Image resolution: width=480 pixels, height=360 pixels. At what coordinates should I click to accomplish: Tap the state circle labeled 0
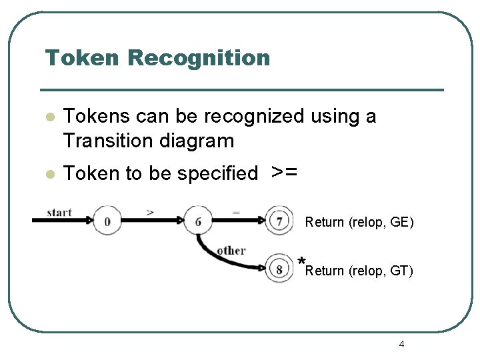[x=107, y=221]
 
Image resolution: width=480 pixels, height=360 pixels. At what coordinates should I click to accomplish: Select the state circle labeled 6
[x=198, y=221]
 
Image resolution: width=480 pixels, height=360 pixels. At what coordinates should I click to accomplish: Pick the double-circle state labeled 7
[x=279, y=221]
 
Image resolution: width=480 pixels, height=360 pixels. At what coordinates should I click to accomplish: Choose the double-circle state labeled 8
[x=279, y=269]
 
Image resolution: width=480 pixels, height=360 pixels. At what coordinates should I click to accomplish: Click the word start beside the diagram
[x=59, y=212]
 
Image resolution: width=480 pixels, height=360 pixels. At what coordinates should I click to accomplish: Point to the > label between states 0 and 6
[x=151, y=212]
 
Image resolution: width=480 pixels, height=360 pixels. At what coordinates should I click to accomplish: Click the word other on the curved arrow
[x=231, y=251]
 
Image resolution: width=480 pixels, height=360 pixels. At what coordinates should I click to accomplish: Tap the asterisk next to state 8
[x=302, y=262]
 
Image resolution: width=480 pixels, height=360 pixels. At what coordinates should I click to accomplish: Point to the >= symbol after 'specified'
[x=284, y=172]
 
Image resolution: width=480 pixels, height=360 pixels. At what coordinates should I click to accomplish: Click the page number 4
[x=401, y=344]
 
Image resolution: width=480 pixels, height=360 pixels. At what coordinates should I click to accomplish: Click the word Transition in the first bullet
[x=109, y=141]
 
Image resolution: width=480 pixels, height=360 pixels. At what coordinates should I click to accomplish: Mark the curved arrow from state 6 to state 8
[x=220, y=259]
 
